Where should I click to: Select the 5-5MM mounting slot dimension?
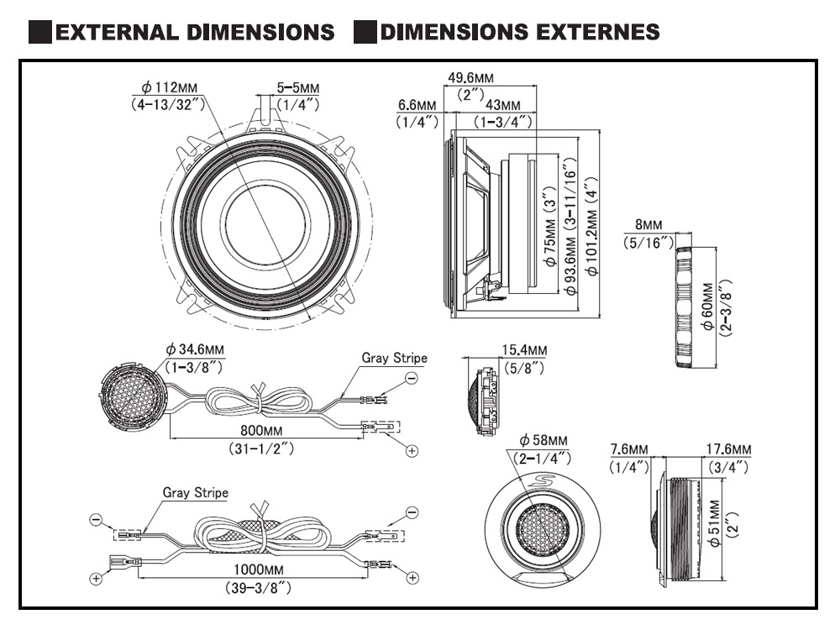click(x=298, y=87)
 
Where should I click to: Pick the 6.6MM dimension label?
click(x=417, y=105)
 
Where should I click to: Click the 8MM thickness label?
click(x=648, y=226)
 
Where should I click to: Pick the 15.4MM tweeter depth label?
click(x=525, y=349)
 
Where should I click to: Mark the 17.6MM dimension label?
click(x=729, y=449)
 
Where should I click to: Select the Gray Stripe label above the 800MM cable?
click(x=394, y=357)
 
